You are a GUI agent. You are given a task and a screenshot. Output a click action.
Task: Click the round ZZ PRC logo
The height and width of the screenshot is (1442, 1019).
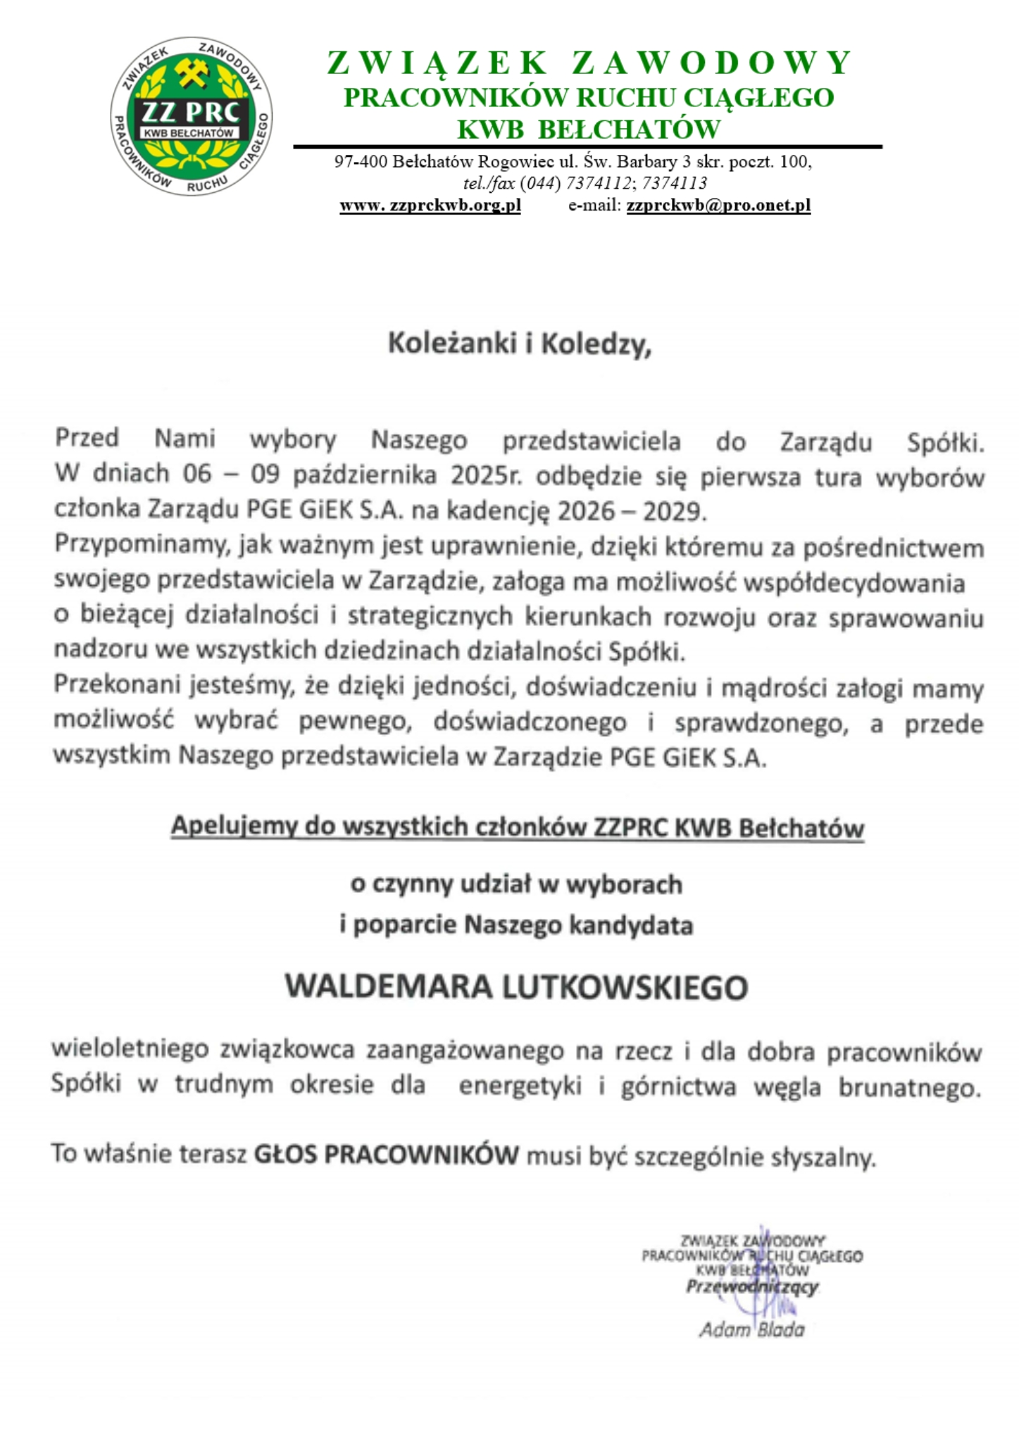(x=192, y=117)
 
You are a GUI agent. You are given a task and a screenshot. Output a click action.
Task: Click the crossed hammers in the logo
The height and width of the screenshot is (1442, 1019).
(x=192, y=73)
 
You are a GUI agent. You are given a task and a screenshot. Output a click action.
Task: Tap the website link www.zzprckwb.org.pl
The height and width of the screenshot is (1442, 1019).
(x=430, y=206)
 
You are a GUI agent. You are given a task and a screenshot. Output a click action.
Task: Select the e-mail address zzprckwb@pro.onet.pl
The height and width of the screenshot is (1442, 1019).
(x=718, y=206)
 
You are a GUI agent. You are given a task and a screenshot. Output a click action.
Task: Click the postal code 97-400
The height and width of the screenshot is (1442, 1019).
(x=361, y=162)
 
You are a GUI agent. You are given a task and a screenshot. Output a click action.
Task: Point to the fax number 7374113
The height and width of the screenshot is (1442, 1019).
(x=675, y=184)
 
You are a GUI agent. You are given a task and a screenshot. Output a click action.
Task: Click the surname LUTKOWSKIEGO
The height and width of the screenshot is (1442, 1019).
(x=625, y=987)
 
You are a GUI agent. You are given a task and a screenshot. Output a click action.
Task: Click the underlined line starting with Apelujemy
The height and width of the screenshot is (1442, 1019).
(x=517, y=827)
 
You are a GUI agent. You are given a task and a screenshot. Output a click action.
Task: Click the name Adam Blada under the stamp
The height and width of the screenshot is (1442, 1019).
(x=751, y=1329)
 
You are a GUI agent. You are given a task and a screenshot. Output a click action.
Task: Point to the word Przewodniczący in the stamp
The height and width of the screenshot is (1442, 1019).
(x=752, y=1286)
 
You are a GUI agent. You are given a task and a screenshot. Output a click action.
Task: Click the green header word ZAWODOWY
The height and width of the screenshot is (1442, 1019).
(x=712, y=63)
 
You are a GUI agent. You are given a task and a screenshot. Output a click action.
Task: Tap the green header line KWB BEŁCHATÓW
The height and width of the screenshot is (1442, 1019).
(x=589, y=130)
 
